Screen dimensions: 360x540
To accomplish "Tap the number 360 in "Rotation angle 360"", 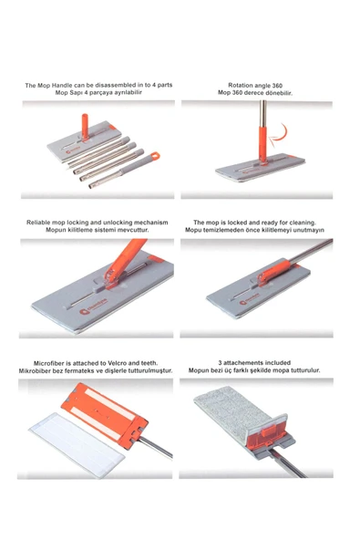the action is (277, 86).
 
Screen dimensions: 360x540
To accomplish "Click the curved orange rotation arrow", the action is (280, 135).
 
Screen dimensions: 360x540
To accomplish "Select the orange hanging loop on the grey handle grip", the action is (155, 156).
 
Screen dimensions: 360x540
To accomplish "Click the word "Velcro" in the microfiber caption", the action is (117, 363).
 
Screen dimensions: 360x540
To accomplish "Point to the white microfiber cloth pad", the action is (77, 444).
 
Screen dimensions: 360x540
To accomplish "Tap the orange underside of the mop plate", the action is (104, 415).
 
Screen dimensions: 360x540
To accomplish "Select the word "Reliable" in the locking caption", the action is (38, 223).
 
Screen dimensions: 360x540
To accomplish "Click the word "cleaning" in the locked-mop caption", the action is (302, 223).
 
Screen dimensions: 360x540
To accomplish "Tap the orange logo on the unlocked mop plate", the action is (83, 312).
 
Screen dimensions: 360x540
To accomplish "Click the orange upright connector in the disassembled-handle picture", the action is (85, 127).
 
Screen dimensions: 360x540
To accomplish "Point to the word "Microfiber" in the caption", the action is (49, 363).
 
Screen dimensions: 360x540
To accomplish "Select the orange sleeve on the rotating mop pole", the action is (262, 144).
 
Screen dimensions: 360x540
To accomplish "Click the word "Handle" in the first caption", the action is (62, 86).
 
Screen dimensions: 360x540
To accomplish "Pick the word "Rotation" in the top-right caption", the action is (241, 86).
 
